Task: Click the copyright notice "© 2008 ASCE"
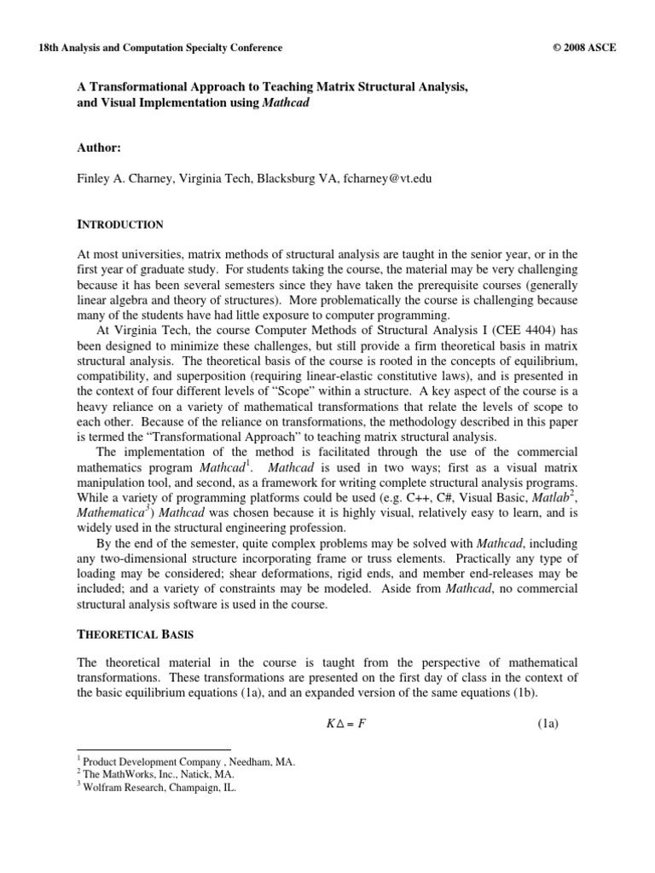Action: tap(584, 49)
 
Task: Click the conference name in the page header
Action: tap(148, 49)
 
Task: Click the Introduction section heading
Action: tap(120, 225)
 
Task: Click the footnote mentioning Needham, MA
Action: tap(188, 762)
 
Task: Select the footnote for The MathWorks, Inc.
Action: tap(165, 775)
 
